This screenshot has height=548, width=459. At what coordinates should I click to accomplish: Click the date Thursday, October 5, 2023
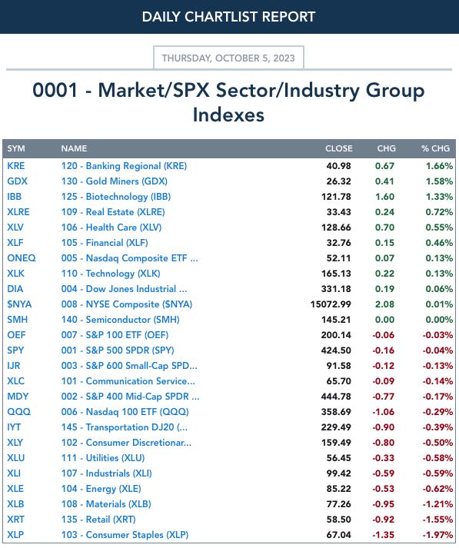click(x=228, y=58)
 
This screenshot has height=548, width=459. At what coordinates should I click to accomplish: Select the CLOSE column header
click(x=338, y=148)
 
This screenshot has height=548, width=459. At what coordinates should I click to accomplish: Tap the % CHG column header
click(x=435, y=148)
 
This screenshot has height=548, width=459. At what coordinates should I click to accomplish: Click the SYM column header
click(x=16, y=148)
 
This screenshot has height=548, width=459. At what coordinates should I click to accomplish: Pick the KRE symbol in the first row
click(x=16, y=166)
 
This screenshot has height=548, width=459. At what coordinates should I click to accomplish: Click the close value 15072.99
click(x=331, y=304)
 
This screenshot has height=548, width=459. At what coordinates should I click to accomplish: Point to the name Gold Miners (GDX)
click(x=115, y=181)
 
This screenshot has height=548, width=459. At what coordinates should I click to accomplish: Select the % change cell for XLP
click(x=437, y=535)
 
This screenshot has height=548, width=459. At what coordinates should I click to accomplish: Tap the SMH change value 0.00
click(x=384, y=320)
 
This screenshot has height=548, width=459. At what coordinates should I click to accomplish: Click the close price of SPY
click(x=336, y=350)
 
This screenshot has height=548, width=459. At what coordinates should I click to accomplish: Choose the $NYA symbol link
click(x=19, y=304)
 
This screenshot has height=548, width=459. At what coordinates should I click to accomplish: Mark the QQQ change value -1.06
click(x=383, y=412)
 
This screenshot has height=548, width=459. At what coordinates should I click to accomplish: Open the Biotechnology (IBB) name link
click(x=116, y=197)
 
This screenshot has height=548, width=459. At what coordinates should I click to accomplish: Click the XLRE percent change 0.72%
click(x=439, y=212)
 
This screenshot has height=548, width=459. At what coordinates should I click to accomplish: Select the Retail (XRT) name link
click(x=98, y=520)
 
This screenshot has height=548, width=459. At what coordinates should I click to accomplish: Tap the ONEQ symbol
click(x=22, y=258)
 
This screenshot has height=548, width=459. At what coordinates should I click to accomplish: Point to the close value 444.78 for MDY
click(x=336, y=397)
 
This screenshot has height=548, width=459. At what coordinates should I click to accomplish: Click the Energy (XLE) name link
click(x=101, y=489)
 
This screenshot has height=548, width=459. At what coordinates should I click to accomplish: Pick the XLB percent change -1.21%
click(x=437, y=504)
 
